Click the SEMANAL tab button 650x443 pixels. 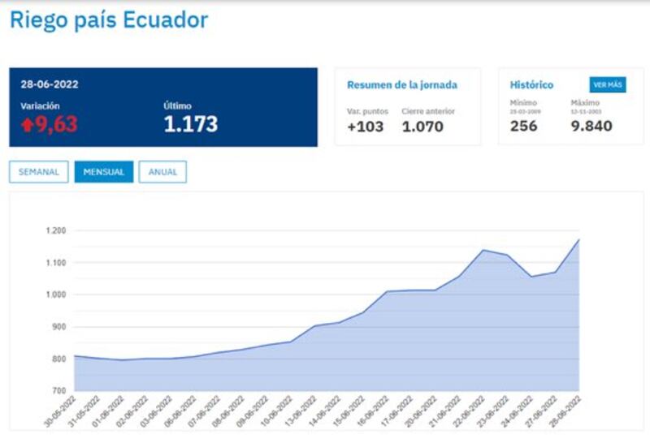[x=39, y=172]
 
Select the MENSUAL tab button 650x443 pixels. [x=104, y=172]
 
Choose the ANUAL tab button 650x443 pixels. [x=162, y=172]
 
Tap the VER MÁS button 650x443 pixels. [x=608, y=85]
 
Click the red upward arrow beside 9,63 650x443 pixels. [x=27, y=125]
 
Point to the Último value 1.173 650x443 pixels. [x=191, y=124]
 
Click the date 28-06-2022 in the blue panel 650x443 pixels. [x=50, y=84]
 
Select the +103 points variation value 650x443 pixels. [x=365, y=126]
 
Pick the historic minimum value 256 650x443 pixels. [x=523, y=126]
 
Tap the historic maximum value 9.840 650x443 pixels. [x=591, y=126]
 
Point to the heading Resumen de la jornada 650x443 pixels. [x=402, y=84]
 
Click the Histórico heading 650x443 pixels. [x=531, y=84]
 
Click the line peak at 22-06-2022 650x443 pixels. [x=483, y=250]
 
